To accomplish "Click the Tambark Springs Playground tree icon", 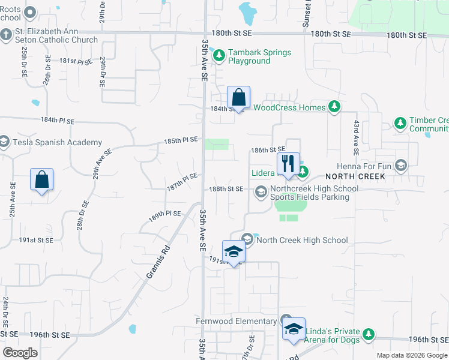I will pyautogui.click(x=219, y=56).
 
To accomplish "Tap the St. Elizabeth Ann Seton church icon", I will pyautogui.click(x=7, y=35).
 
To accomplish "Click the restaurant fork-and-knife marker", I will pyautogui.click(x=288, y=163).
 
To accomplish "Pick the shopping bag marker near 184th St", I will pyautogui.click(x=238, y=98).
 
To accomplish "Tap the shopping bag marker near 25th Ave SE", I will pyautogui.click(x=41, y=179).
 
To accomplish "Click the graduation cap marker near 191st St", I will pyautogui.click(x=234, y=251).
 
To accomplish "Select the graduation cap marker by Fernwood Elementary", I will pyautogui.click(x=294, y=329).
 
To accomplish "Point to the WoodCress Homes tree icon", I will pyautogui.click(x=335, y=107).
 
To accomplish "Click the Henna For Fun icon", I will pyautogui.click(x=401, y=164).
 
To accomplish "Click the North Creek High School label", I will pyautogui.click(x=302, y=240).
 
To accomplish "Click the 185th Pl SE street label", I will pyautogui.click(x=182, y=140).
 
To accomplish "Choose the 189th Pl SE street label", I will pyautogui.click(x=165, y=214).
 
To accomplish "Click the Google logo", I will pyautogui.click(x=20, y=353).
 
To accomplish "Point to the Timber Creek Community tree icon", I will pyautogui.click(x=400, y=123).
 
